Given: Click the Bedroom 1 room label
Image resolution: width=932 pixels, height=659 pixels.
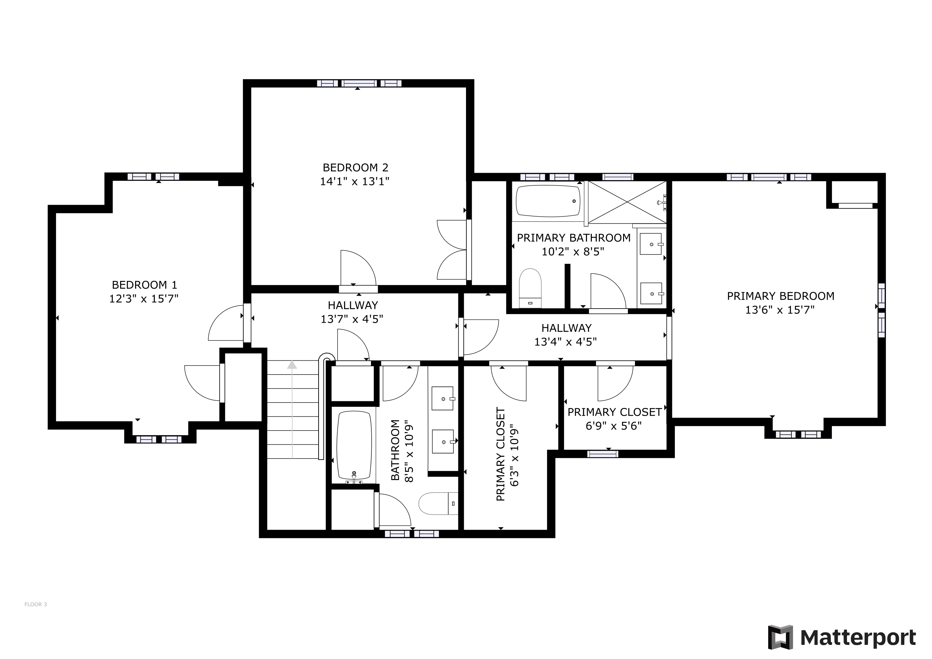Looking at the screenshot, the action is coord(144,285).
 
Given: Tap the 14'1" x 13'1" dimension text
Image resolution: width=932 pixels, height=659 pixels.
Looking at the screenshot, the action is coord(355,181).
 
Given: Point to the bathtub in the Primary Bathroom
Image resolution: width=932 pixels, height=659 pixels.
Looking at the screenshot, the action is coord(548,200).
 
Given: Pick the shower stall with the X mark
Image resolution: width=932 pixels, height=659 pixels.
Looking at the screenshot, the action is coord(627,202).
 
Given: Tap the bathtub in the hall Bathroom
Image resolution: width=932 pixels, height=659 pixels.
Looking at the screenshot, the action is coord(354,446).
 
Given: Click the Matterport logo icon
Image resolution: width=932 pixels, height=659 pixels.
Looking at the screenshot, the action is coord(780,637).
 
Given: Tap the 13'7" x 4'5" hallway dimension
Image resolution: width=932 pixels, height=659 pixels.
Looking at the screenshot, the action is coord(352,319).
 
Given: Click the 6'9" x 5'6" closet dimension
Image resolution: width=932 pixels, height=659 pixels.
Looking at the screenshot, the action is coord(613,426).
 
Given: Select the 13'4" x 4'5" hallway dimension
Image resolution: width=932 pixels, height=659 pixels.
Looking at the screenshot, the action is coord(565,342).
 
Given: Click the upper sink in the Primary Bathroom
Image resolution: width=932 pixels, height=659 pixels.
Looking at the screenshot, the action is coord(651,244).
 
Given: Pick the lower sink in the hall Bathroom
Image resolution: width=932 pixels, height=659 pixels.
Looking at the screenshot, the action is coord(443,441).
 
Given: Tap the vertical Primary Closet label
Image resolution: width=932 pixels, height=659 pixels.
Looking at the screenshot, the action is coord(500,454).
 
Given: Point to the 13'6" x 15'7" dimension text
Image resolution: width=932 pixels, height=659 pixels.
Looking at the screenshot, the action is coord(780,310).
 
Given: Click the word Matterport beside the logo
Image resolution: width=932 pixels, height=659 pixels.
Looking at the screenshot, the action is coord(858,638).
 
